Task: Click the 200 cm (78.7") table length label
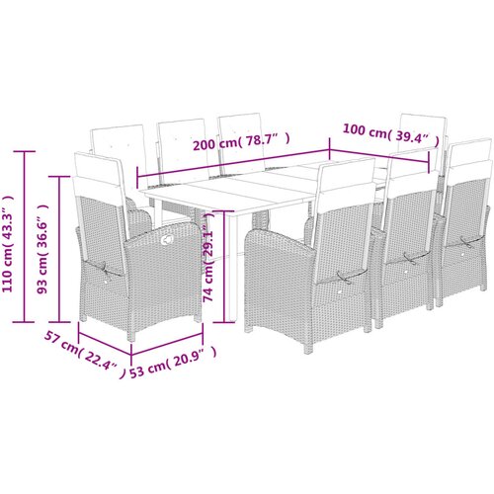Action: [x=241, y=142]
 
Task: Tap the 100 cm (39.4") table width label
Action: [x=391, y=133]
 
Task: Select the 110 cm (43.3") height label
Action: [x=8, y=243]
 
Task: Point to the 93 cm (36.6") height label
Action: [x=42, y=249]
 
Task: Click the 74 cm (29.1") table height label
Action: [x=208, y=258]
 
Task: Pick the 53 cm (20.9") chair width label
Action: [x=173, y=363]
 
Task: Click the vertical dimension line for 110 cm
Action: [x=24, y=236]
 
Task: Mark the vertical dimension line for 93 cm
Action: [x=59, y=249]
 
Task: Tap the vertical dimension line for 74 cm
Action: [x=224, y=266]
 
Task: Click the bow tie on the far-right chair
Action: [x=466, y=244]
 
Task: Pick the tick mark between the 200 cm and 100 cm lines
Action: [x=329, y=150]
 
